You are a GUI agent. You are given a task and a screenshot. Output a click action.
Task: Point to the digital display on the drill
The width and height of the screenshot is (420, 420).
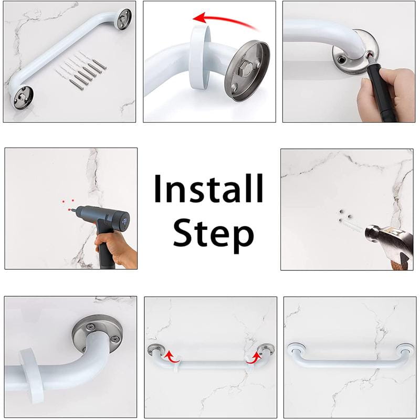(x=125, y=221)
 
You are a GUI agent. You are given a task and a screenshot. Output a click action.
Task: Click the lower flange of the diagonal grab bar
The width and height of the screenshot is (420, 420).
(x=22, y=97)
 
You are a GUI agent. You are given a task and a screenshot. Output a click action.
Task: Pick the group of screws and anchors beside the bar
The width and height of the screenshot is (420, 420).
(x=81, y=70)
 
